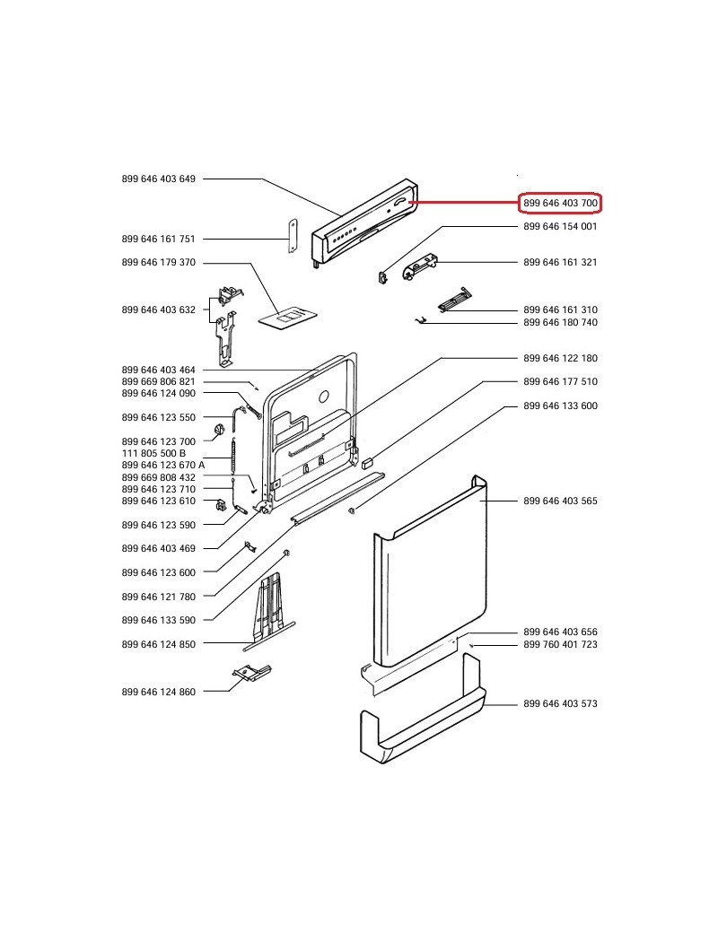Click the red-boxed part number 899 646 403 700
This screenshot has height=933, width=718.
click(560, 204)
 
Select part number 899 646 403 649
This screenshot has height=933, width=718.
click(158, 179)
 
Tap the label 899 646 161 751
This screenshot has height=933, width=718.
click(158, 239)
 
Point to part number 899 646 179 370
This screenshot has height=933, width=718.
click(158, 262)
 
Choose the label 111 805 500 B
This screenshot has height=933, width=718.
click(153, 453)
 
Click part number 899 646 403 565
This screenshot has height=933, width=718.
click(560, 501)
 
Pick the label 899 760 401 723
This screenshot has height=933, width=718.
click(560, 644)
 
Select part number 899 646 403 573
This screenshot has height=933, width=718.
click(560, 704)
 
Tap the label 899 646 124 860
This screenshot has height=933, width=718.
click(158, 692)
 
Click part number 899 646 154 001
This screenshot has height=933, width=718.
click(560, 226)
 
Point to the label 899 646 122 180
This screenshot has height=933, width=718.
click(560, 358)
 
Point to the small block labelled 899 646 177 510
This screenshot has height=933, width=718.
click(366, 462)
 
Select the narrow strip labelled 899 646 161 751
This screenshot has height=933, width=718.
click(292, 235)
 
